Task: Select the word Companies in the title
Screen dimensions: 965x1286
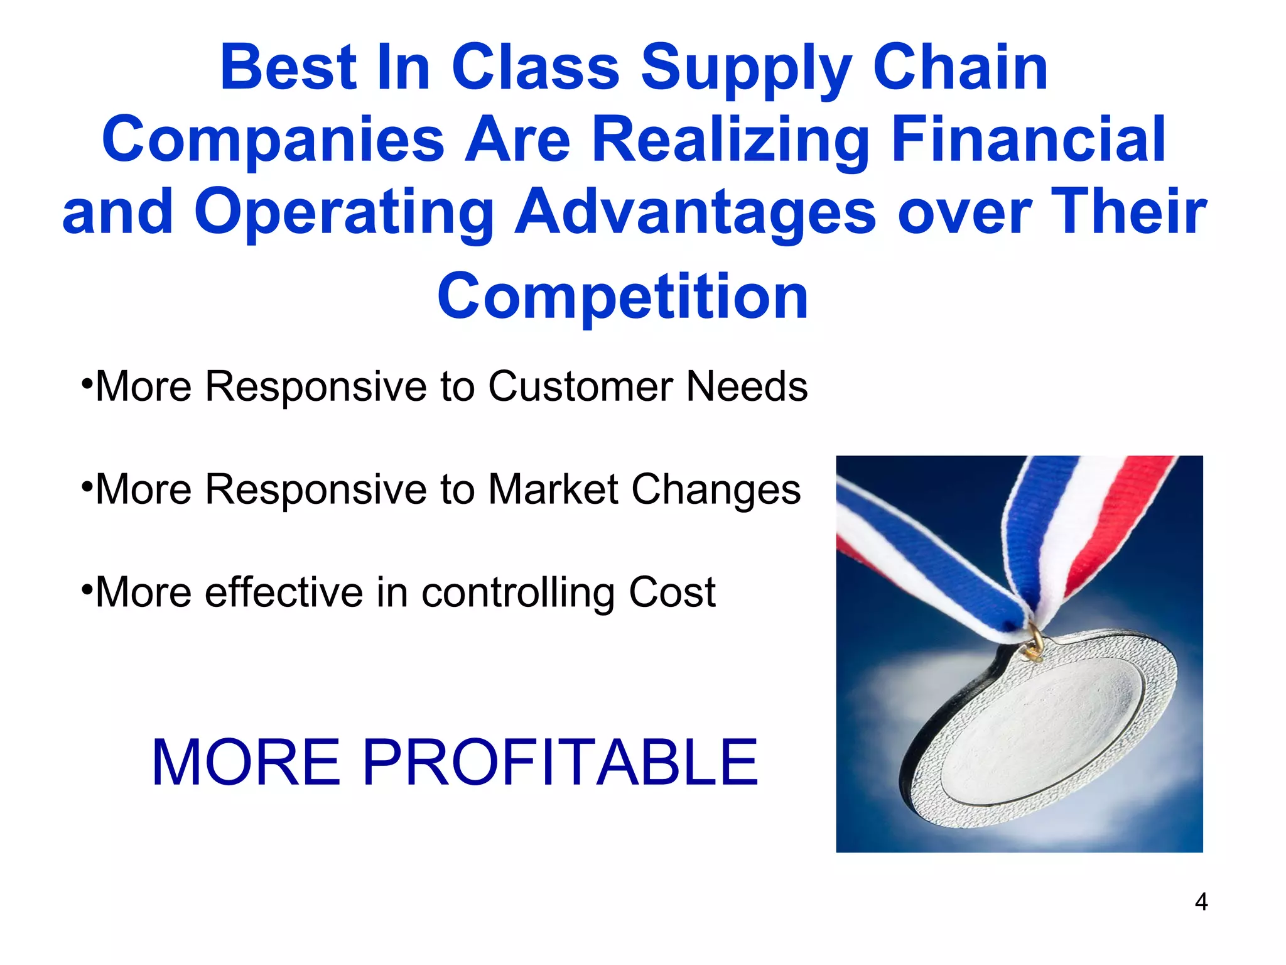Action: (273, 139)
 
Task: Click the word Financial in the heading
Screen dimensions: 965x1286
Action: (1028, 139)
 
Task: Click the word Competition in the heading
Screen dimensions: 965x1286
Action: (622, 297)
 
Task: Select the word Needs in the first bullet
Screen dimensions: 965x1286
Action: (747, 386)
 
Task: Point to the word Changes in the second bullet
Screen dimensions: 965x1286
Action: (716, 489)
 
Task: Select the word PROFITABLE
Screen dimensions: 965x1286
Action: (559, 762)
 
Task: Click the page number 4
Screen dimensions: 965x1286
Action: (1201, 902)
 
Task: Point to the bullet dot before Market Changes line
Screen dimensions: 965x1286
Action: (87, 484)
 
